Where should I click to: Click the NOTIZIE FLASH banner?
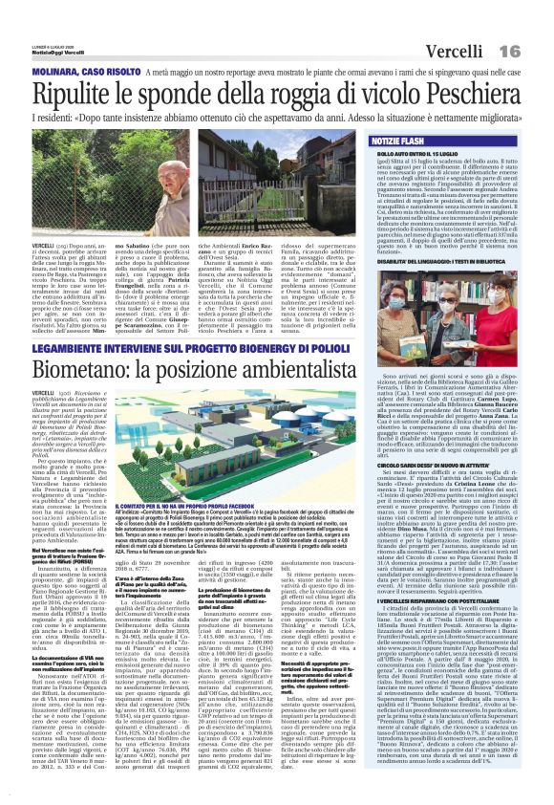(383, 140)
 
